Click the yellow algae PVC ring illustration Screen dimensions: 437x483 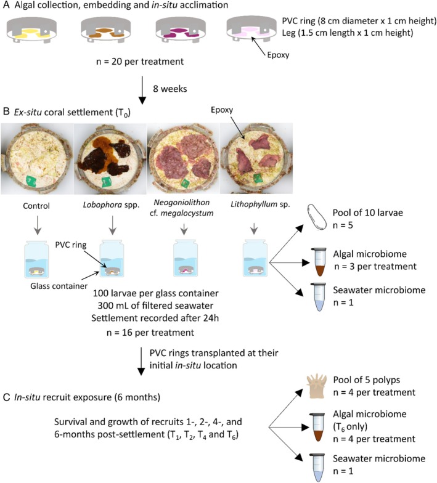[31, 30]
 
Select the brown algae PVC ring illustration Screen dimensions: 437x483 [106, 30]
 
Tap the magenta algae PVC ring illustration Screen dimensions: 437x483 [181, 30]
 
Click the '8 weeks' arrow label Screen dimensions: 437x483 [170, 89]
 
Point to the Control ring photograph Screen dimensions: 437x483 [37, 159]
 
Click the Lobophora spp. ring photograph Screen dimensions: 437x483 [110, 159]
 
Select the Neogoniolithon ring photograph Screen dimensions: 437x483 [184, 159]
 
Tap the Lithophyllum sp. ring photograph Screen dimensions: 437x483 [256, 159]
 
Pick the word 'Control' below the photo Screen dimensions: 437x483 [36, 206]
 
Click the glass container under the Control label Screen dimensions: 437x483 [37, 259]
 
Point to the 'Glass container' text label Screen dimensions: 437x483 [59, 286]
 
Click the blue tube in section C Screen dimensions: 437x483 [318, 468]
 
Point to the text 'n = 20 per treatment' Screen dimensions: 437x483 [140, 62]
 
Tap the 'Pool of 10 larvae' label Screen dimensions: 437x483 [367, 213]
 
